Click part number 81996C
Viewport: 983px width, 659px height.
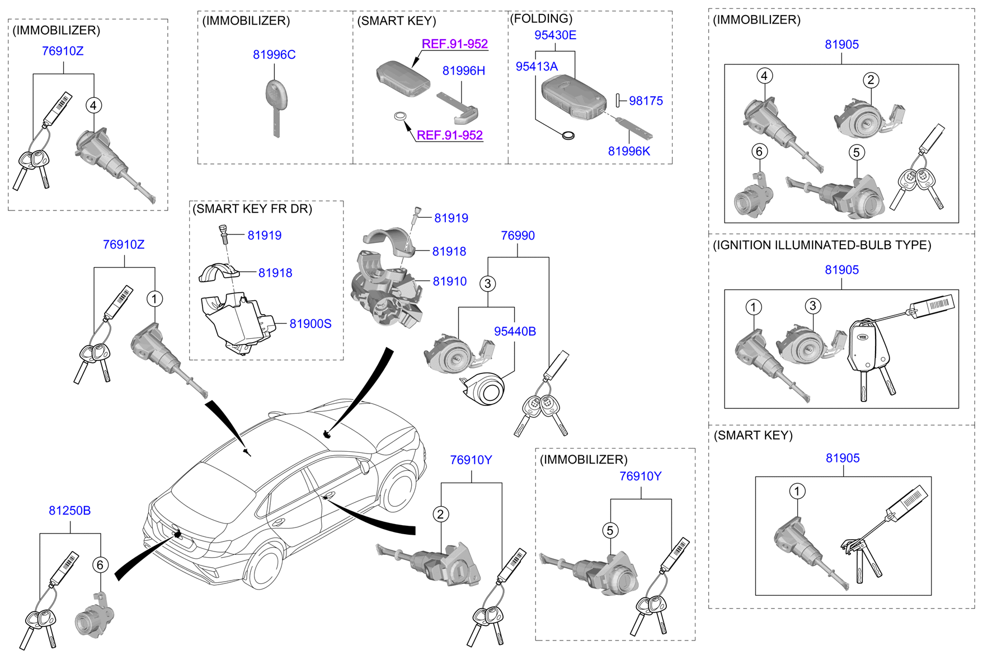(x=274, y=55)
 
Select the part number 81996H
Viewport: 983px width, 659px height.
(x=463, y=71)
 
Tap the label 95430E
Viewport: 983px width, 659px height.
(x=555, y=35)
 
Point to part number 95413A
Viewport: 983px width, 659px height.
(x=537, y=67)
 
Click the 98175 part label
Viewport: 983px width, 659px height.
(x=646, y=101)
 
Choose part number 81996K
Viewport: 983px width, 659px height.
(x=629, y=151)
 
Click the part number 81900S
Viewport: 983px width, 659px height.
(x=310, y=324)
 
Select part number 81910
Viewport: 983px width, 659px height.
(x=449, y=282)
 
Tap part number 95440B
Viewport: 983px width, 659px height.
(x=515, y=332)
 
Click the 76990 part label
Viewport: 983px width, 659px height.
(x=518, y=236)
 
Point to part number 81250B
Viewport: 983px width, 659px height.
(x=69, y=511)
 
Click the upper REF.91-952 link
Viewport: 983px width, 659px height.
(x=454, y=44)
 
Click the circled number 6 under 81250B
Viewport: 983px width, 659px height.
(x=100, y=565)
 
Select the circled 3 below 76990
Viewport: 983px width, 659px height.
(x=488, y=284)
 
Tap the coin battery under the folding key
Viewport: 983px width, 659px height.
(x=568, y=135)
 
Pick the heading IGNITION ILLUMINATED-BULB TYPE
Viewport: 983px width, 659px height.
(x=821, y=245)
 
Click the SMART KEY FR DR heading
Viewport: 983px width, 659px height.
(x=252, y=209)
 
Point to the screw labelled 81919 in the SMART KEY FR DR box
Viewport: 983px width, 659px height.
(x=222, y=232)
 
